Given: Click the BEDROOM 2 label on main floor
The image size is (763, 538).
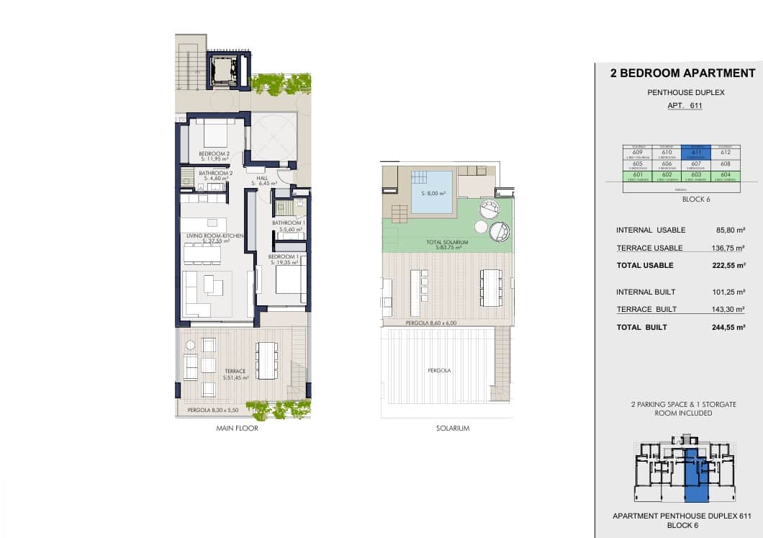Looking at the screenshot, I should tap(214, 153).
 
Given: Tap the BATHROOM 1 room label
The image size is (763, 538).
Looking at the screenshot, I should tap(289, 223).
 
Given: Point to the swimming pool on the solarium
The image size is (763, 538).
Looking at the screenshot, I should tap(432, 192).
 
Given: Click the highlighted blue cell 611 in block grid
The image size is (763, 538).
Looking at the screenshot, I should tap(695, 151).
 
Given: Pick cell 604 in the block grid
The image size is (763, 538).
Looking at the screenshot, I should tap(725, 175).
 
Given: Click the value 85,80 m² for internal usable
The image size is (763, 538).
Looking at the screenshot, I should tap(729, 230).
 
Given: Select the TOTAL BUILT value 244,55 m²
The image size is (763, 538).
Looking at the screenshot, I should tap(729, 327).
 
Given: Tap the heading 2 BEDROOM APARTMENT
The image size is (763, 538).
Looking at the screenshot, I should tap(682, 73).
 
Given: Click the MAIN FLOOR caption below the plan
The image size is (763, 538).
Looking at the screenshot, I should tap(237, 429).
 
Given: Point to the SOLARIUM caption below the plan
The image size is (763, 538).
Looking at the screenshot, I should tap(453, 429).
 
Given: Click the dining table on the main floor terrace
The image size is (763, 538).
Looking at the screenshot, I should tap(267, 360).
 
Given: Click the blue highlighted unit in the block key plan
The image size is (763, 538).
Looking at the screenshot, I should tap(695, 475).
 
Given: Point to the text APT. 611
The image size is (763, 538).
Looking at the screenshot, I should tap(685, 106).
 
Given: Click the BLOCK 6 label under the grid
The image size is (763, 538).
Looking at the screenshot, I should tap(695, 199).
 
